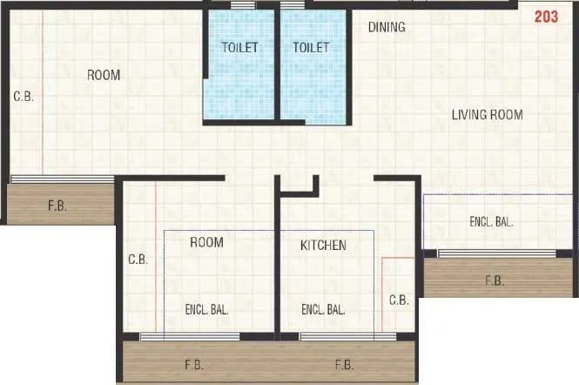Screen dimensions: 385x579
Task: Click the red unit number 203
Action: pos(546,15)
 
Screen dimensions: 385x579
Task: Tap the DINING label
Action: pos(386,27)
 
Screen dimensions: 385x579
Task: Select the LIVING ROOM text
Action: pos(487,115)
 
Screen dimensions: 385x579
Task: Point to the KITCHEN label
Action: pos(323,246)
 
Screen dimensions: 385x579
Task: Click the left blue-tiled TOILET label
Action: pos(239,48)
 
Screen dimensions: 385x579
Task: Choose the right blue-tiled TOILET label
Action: pos(311,48)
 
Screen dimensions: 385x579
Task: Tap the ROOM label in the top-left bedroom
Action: pos(104,76)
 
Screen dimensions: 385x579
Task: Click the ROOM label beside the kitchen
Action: pos(206,242)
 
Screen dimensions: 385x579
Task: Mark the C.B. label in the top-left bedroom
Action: pos(23,97)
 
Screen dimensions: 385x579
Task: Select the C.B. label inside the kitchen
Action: pos(398,300)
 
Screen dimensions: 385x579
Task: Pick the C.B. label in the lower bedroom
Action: pos(138,260)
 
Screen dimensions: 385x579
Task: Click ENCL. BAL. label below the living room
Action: pos(491,222)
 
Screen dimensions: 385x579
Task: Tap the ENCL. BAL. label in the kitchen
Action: pos(323,309)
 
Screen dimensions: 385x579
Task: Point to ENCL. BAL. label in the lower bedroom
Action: pos(206,309)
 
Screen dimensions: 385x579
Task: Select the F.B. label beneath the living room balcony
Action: pos(494,280)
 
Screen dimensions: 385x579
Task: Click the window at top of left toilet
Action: pos(243,5)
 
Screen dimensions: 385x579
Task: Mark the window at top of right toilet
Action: pos(293,5)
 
